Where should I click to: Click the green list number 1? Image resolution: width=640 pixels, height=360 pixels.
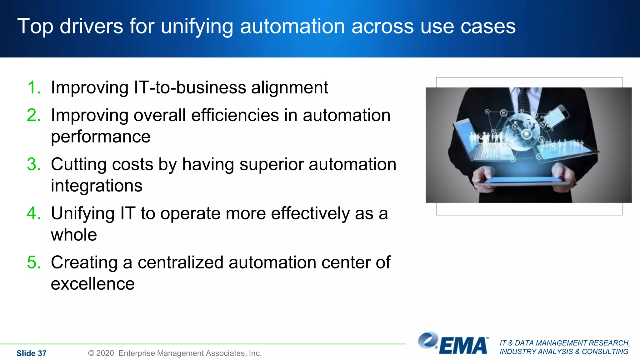(x=34, y=87)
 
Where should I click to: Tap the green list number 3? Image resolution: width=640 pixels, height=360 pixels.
(x=34, y=164)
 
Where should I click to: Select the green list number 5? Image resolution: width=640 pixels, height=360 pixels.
(x=34, y=262)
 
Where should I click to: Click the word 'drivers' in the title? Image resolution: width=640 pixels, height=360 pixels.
(x=91, y=26)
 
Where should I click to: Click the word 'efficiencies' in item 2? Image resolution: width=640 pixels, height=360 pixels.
(x=235, y=115)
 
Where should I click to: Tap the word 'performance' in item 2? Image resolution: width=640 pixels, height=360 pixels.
(x=101, y=137)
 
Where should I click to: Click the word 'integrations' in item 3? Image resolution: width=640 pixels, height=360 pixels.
(x=97, y=186)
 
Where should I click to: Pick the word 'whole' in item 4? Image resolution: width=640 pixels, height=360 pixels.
(x=74, y=235)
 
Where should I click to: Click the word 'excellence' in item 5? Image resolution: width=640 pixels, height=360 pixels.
(x=92, y=284)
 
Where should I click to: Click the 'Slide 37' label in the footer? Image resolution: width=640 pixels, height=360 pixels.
(x=31, y=353)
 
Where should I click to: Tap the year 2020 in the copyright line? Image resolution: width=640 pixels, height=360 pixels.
(x=105, y=353)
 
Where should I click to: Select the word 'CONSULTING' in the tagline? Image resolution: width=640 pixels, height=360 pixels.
(x=605, y=352)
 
